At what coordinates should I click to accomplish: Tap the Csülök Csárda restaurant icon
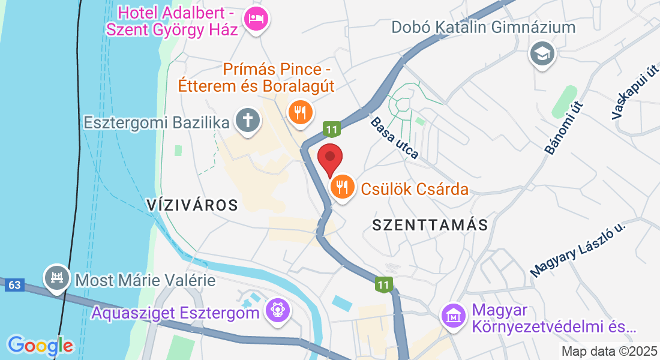click(342, 188)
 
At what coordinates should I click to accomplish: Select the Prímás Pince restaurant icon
click(299, 112)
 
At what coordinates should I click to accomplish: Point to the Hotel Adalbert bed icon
click(257, 19)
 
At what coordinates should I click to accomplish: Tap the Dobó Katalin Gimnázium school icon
click(543, 55)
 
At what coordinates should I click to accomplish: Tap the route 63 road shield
click(15, 285)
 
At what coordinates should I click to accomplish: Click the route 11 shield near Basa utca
click(331, 128)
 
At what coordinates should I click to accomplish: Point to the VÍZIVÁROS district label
click(192, 205)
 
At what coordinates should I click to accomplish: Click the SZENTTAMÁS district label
click(430, 225)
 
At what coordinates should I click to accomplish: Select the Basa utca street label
click(394, 138)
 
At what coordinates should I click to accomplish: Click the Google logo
click(40, 345)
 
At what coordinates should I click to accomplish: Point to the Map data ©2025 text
click(608, 351)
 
